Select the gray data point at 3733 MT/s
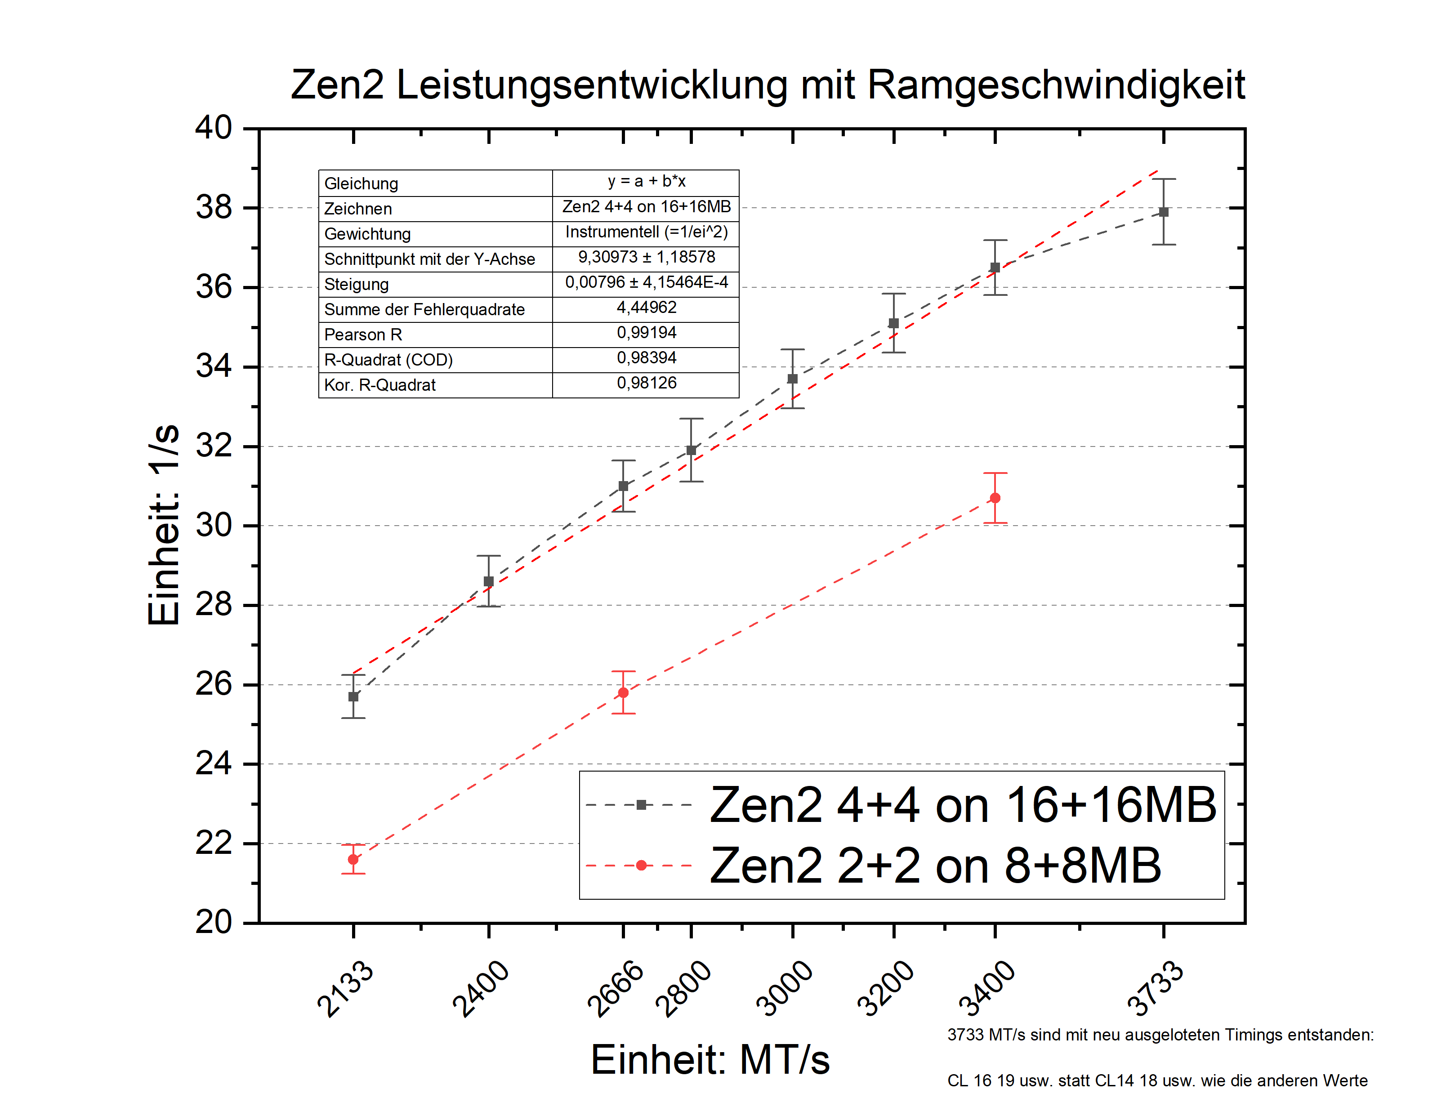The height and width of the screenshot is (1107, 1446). tap(1163, 212)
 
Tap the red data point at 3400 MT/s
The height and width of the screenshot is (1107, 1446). tap(995, 498)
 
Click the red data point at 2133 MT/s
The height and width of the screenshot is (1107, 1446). tap(353, 859)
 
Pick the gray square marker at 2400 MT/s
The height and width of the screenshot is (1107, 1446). tap(488, 581)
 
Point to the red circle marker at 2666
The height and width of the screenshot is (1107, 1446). tap(623, 692)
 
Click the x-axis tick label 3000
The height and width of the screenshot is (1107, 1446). tap(784, 988)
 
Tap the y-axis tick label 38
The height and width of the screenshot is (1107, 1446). tap(214, 208)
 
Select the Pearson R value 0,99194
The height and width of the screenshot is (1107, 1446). tap(646, 333)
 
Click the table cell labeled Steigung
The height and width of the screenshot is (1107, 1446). tap(357, 285)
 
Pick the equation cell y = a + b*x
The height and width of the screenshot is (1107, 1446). tap(646, 181)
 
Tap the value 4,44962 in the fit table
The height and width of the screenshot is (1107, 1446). tap(646, 308)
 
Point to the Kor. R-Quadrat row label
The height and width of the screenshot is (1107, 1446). tap(379, 385)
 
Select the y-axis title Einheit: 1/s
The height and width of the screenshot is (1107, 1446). tap(163, 525)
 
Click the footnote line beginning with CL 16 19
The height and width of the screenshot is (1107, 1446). tap(1157, 1080)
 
